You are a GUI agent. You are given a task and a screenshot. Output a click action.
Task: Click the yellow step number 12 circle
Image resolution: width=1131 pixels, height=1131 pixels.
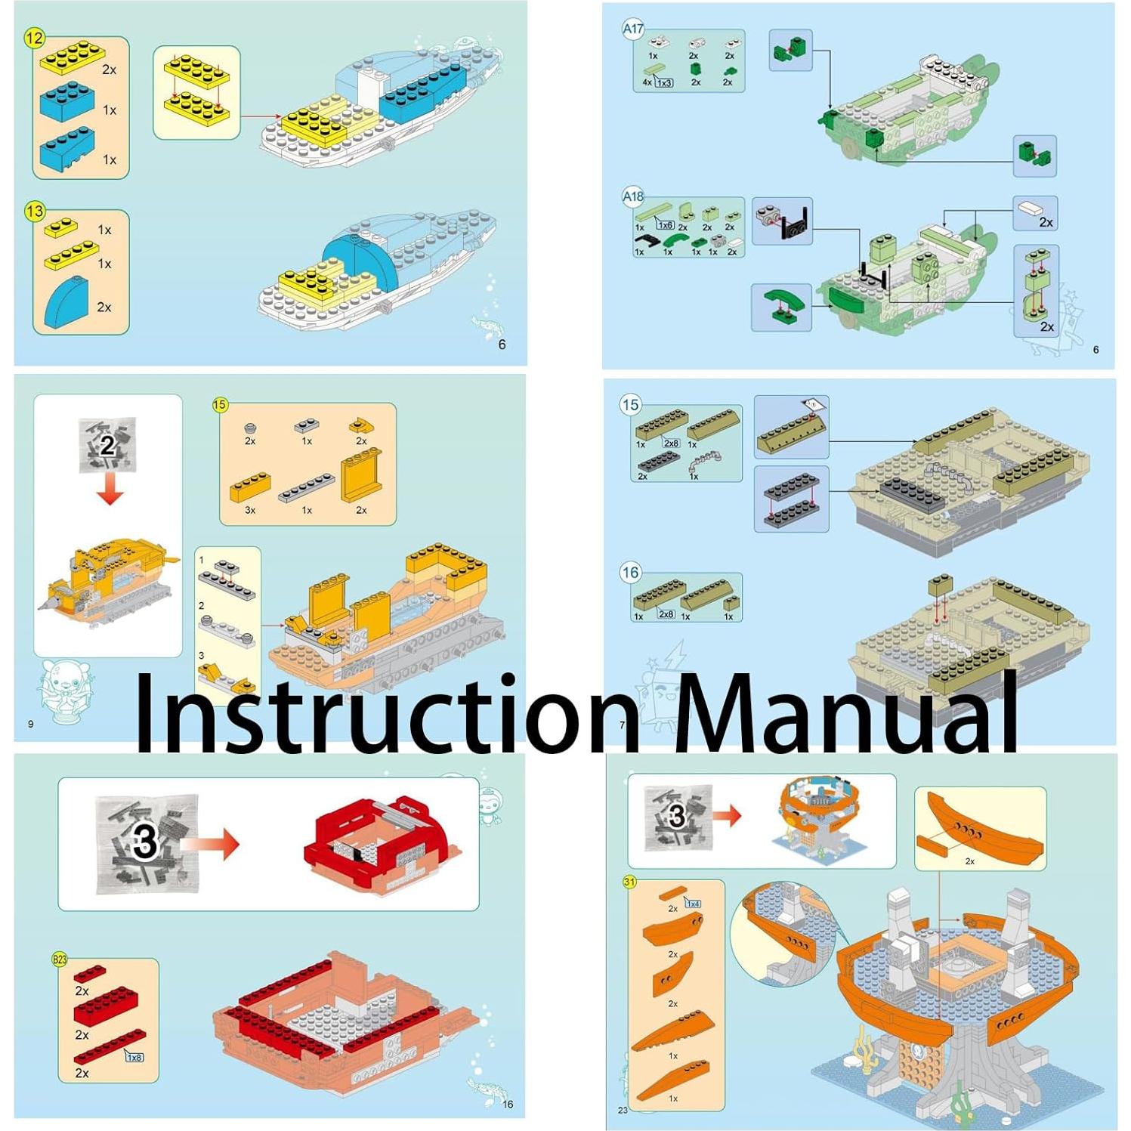point(35,38)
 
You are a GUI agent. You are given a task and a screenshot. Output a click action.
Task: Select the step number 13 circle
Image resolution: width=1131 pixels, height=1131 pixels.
point(35,211)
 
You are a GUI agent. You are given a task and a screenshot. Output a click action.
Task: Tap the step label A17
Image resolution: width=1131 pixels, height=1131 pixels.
point(633,29)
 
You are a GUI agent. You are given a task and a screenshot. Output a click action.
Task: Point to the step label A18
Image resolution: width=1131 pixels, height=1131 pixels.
point(633,196)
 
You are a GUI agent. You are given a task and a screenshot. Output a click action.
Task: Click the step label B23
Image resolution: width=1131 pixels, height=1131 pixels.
point(60,959)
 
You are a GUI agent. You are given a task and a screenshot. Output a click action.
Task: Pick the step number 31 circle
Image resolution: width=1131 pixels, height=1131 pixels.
point(629,882)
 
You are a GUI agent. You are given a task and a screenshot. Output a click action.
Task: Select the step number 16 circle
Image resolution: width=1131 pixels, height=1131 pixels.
point(630,573)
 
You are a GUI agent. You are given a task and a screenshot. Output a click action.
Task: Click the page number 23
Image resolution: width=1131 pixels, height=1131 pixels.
point(623,1110)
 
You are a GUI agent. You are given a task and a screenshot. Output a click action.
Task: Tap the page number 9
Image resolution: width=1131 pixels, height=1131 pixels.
point(31,724)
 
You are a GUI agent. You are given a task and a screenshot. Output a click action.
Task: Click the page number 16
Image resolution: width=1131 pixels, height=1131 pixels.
point(508,1105)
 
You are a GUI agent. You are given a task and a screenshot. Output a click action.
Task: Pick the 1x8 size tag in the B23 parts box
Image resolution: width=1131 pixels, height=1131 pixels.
point(134,1057)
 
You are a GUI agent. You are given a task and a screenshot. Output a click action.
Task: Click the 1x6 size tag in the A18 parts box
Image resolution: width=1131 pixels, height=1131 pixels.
point(664,225)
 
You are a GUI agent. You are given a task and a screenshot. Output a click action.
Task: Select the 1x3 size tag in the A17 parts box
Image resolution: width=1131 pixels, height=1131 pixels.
point(664,82)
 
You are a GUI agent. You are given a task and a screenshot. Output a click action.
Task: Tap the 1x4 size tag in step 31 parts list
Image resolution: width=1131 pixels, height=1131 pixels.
point(692,904)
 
